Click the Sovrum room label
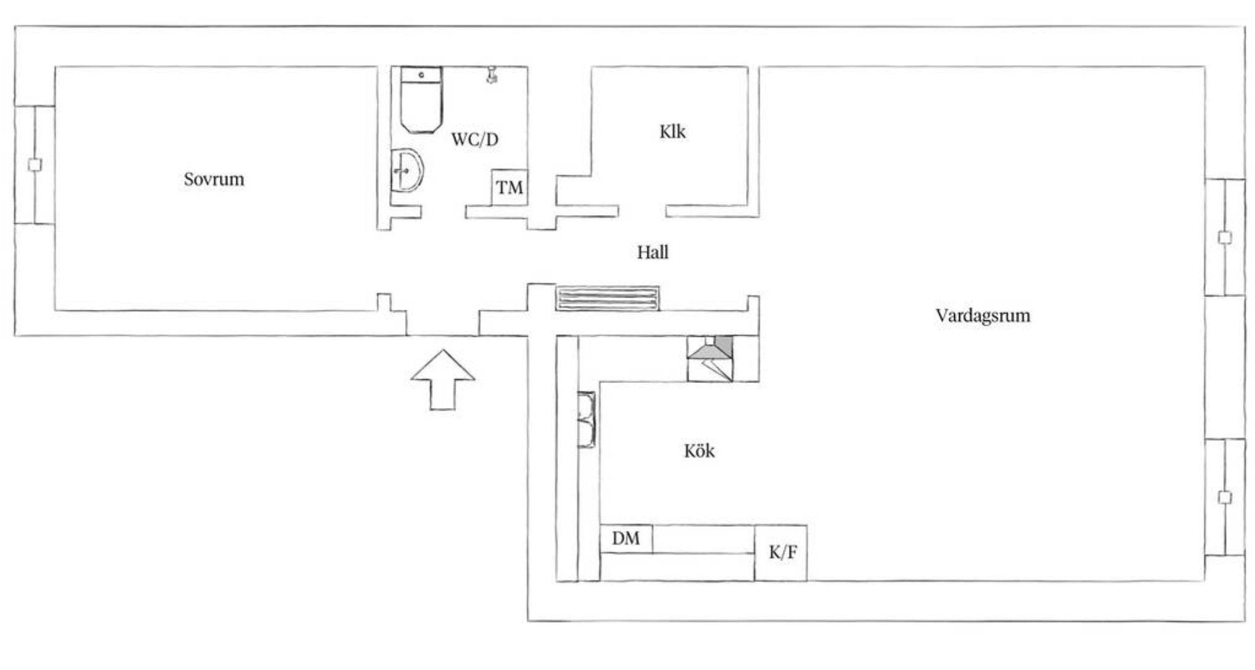pos(214,179)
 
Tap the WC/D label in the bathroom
pos(475,140)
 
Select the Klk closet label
pos(672,132)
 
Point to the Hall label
pos(652,252)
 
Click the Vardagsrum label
pos(982,316)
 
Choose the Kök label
pos(699,451)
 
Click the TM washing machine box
pos(510,187)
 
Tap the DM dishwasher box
pos(626,539)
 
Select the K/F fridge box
pos(781,553)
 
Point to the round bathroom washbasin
pos(406,170)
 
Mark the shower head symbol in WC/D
pos(491,75)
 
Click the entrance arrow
pos(443,380)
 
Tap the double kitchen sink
pos(586,420)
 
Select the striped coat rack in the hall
pos(607,298)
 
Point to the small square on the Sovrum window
pos(35,165)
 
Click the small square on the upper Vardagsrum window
pos(1225,238)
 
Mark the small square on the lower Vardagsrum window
pos(1225,497)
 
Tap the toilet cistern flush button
pos(421,74)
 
